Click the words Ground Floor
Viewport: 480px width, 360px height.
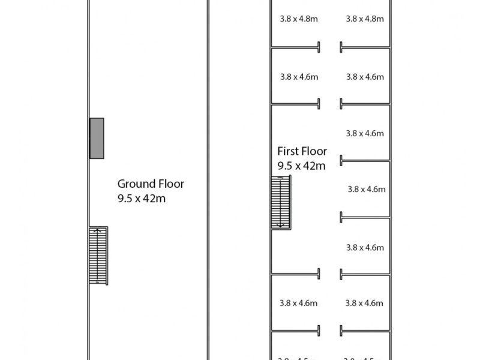(151, 184)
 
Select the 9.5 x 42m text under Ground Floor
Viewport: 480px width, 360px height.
(142, 199)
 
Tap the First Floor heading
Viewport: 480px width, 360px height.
(302, 152)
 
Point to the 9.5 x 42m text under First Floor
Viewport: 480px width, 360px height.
(301, 166)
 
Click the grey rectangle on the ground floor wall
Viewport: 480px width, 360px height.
(97, 138)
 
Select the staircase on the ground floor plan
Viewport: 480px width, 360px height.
(98, 256)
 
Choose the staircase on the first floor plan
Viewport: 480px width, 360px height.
(281, 202)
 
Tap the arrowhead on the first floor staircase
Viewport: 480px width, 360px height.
(280, 226)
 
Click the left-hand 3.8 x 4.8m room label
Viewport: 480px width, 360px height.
(299, 19)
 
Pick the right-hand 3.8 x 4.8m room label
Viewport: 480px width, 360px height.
(365, 19)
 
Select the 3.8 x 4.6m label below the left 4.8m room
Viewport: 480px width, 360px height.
(299, 77)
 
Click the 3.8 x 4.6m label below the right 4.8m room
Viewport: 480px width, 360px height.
(365, 77)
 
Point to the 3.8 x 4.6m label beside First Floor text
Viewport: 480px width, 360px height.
(365, 133)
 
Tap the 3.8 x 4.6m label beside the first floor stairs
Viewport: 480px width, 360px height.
(366, 189)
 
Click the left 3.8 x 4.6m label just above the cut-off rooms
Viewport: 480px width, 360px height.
(299, 303)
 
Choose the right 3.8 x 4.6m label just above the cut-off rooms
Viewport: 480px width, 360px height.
(364, 303)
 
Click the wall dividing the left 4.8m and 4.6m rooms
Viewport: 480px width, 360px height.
(295, 47)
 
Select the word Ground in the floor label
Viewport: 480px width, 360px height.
(134, 184)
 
